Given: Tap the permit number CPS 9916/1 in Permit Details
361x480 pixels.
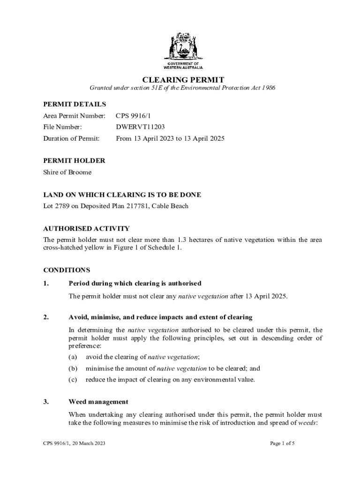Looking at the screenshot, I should [134, 115].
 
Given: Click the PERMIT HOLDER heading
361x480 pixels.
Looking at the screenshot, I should [74, 160].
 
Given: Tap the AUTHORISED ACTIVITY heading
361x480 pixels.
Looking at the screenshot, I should [86, 228].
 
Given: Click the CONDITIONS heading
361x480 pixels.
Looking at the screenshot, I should [67, 270].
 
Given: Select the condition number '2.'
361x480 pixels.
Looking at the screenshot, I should [46, 317].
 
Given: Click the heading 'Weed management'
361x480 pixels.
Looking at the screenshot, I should [98, 402].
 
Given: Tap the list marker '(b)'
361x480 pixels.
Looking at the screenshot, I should [73, 368].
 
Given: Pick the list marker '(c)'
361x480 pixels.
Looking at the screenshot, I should [73, 380].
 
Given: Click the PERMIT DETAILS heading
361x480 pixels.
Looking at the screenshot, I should [74, 104].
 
